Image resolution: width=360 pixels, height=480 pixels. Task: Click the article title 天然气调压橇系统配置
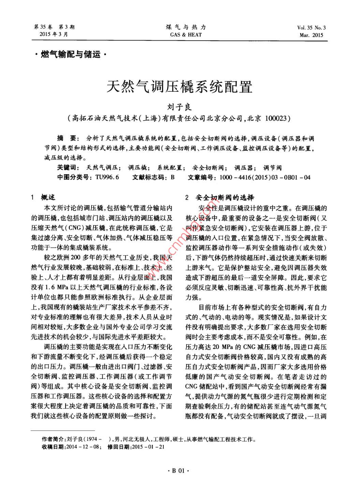point(179,87)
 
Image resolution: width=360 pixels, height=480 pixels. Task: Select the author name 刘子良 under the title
point(179,108)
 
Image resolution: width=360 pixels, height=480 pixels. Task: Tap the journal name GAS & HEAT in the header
point(186,35)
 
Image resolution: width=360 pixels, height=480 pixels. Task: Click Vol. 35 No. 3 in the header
point(311,28)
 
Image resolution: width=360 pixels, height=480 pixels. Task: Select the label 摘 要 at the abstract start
point(67,139)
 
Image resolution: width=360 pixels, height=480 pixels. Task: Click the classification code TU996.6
point(107,177)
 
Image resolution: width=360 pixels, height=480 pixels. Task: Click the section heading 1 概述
point(43,197)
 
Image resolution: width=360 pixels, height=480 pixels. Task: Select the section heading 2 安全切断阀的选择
point(220,198)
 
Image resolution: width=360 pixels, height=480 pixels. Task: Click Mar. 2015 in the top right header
point(311,35)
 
